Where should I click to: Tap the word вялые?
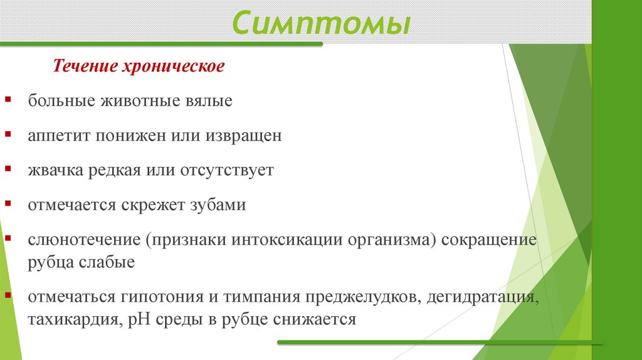pos(210,100)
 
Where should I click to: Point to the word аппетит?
pos(58,136)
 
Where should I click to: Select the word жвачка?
pos(54,171)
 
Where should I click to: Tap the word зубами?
pos(217,206)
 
